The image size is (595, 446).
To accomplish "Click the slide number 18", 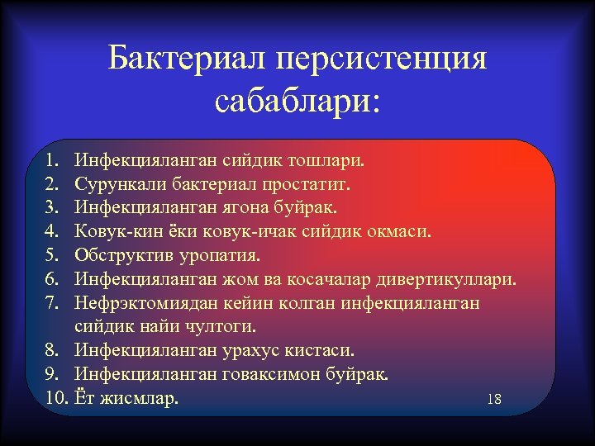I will pyautogui.click(x=494, y=400).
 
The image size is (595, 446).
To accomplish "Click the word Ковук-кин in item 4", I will pyautogui.click(x=113, y=230).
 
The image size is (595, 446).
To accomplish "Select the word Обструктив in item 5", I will pyautogui.click(x=118, y=254).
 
